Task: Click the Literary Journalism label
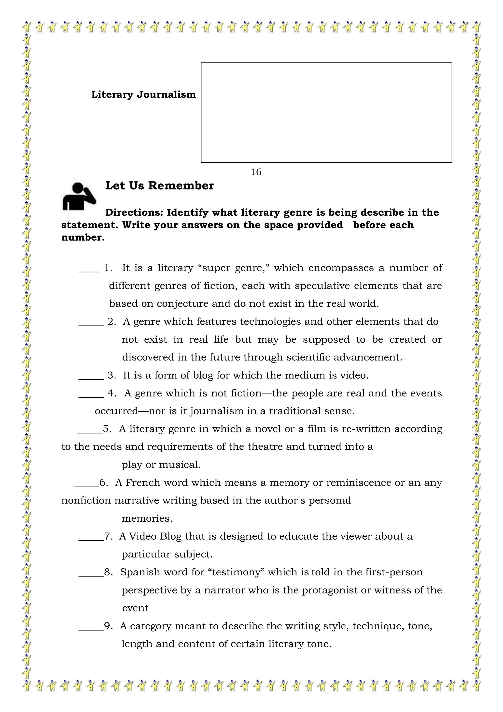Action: [x=143, y=95]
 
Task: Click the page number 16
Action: [x=256, y=172]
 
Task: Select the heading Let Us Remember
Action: [x=159, y=186]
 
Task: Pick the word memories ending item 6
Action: [x=147, y=518]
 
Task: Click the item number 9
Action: [x=108, y=626]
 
